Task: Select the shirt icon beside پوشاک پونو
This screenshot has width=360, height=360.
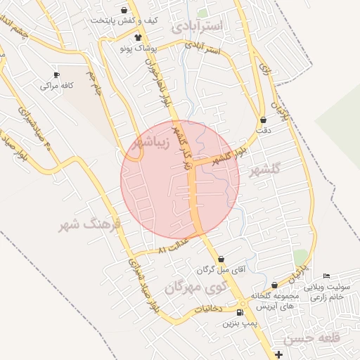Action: click(x=139, y=37)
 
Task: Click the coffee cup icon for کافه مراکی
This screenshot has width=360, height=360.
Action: click(x=56, y=75)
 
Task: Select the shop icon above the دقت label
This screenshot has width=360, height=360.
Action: click(x=263, y=120)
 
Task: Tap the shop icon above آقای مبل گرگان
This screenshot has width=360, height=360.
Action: click(x=221, y=258)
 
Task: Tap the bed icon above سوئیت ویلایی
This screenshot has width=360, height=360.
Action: click(x=325, y=276)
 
